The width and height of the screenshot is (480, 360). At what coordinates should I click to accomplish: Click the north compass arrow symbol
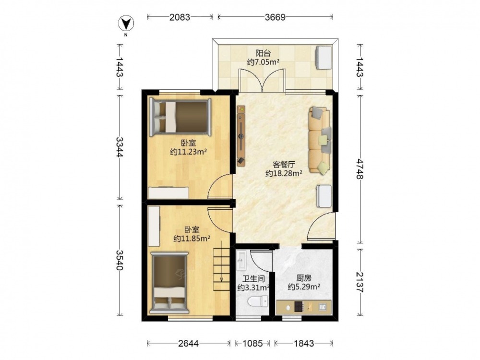126,24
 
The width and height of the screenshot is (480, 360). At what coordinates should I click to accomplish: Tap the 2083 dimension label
180,17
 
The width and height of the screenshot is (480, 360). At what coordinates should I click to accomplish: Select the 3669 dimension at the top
275,17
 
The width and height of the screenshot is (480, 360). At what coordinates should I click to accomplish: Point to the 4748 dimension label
360,169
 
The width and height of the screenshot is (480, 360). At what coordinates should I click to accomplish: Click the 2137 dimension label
360,282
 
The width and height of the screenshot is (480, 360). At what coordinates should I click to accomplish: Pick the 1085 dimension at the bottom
252,344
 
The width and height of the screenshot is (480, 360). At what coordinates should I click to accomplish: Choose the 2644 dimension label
189,344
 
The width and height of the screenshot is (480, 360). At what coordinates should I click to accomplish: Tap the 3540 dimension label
120,260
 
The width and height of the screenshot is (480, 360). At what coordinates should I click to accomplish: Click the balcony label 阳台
263,53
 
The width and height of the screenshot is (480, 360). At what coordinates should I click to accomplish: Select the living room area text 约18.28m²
284,174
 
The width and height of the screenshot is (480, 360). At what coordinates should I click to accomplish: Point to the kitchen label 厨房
304,278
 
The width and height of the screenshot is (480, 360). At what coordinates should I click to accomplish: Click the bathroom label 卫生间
253,279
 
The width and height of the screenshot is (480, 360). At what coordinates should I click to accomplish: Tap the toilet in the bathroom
257,301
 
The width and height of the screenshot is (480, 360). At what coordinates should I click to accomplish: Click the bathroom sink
241,260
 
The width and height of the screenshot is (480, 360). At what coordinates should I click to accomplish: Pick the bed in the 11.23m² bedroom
180,117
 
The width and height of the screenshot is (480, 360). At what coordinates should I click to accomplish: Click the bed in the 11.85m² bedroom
169,283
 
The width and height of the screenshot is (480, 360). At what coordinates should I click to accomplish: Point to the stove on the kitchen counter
299,306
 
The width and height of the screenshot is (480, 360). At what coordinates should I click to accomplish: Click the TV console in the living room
241,136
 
